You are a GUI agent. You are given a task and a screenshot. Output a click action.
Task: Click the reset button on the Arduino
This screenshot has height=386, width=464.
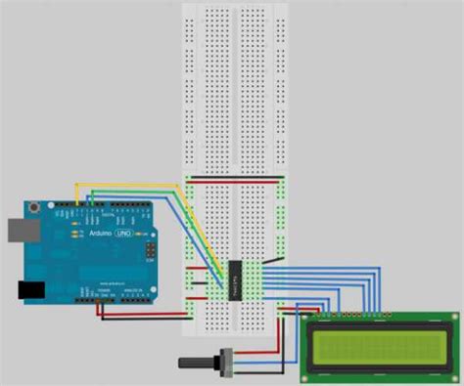point(37,207)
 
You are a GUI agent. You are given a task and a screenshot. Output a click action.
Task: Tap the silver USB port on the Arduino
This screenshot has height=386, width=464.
point(13,230)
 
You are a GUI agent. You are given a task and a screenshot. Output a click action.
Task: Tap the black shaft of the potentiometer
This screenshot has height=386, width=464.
point(191,362)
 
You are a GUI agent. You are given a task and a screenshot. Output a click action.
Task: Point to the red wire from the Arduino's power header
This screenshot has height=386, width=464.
point(147,315)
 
